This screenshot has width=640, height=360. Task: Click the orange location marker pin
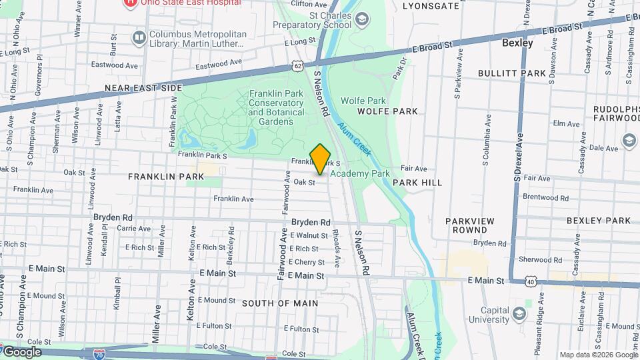321,159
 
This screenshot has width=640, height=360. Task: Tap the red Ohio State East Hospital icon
131,3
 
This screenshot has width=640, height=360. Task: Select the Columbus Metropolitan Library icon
139,37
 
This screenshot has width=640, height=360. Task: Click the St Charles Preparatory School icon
361,19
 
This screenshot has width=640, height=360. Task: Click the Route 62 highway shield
297,65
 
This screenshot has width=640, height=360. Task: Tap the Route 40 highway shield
531,283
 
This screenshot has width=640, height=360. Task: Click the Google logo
22,351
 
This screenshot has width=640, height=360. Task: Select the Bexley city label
517,43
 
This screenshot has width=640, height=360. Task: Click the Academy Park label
360,173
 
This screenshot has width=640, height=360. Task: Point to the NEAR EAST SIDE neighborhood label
143,88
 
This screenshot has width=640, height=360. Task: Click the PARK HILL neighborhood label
417,182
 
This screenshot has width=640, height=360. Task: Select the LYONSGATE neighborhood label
431,6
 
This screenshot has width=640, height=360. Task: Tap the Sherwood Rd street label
535,260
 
